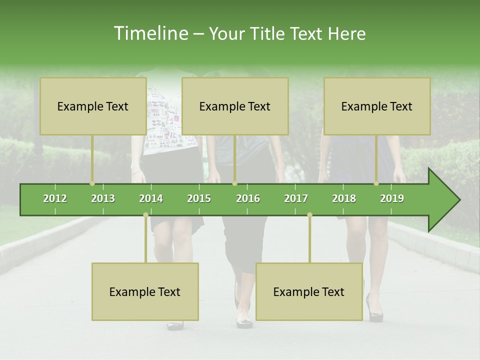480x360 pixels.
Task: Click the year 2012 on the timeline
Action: tap(55, 198)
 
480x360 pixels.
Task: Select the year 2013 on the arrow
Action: tap(103, 198)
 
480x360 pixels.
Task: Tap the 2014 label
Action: tap(151, 198)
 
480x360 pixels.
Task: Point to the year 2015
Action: tap(199, 198)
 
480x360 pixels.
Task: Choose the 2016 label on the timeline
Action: tap(248, 198)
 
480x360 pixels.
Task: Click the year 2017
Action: tap(296, 198)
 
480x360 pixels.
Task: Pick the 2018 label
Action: tap(344, 198)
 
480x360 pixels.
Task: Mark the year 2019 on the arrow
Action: tap(392, 198)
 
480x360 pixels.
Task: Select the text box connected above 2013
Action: tap(93, 106)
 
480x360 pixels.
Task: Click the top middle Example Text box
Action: tap(235, 106)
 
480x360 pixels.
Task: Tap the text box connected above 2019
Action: tap(377, 106)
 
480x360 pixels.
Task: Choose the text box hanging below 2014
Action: tap(145, 291)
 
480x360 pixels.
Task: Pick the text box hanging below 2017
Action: tap(309, 291)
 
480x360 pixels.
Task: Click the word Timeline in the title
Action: tap(150, 33)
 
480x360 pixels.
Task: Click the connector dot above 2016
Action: tap(234, 183)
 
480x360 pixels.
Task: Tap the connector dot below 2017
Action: tap(309, 215)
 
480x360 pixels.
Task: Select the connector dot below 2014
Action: tap(145, 215)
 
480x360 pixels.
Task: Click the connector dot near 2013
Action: tap(92, 183)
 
